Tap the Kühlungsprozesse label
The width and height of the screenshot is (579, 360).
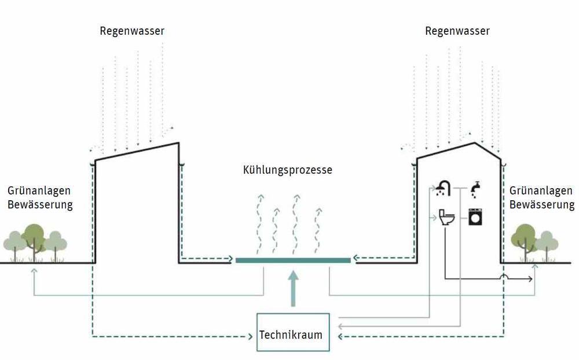[288, 171]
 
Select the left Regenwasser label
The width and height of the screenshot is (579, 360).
[131, 31]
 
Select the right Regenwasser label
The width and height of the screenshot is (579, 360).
[457, 31]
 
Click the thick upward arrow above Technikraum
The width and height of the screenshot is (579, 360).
[294, 289]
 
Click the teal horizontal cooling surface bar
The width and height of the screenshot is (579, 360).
[293, 260]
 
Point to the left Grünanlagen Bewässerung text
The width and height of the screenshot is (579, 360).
[39, 197]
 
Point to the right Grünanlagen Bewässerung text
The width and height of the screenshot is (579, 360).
[542, 197]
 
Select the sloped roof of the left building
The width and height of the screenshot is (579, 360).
[137, 151]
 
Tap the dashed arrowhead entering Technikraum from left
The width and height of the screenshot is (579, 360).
[252, 336]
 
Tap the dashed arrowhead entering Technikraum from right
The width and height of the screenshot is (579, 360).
[340, 336]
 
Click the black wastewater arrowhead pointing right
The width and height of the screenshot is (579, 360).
[530, 280]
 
